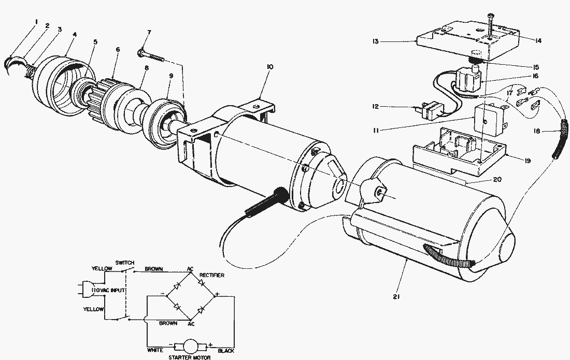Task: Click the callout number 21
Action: [x=395, y=297]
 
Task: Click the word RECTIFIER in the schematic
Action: [x=211, y=276]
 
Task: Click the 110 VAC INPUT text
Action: [x=107, y=290]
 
